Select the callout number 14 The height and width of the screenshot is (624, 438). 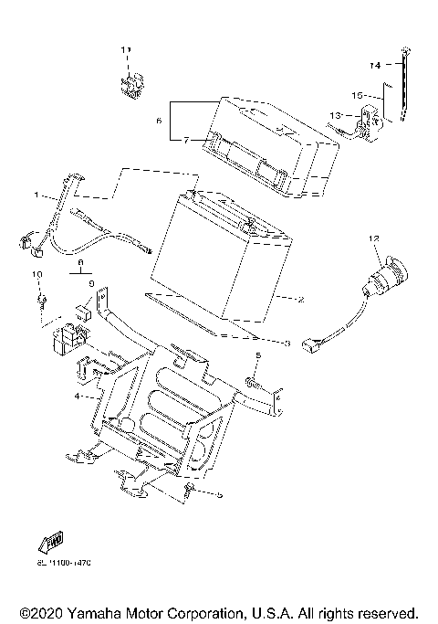[375, 66]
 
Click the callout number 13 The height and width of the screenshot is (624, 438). [335, 115]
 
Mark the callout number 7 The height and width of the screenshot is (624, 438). [185, 140]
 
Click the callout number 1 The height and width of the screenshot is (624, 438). [37, 195]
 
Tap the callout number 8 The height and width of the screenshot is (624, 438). [81, 260]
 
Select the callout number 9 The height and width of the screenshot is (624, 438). [92, 285]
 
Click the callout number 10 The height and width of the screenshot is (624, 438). [37, 274]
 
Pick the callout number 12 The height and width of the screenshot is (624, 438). [373, 239]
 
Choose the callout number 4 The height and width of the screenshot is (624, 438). [78, 397]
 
